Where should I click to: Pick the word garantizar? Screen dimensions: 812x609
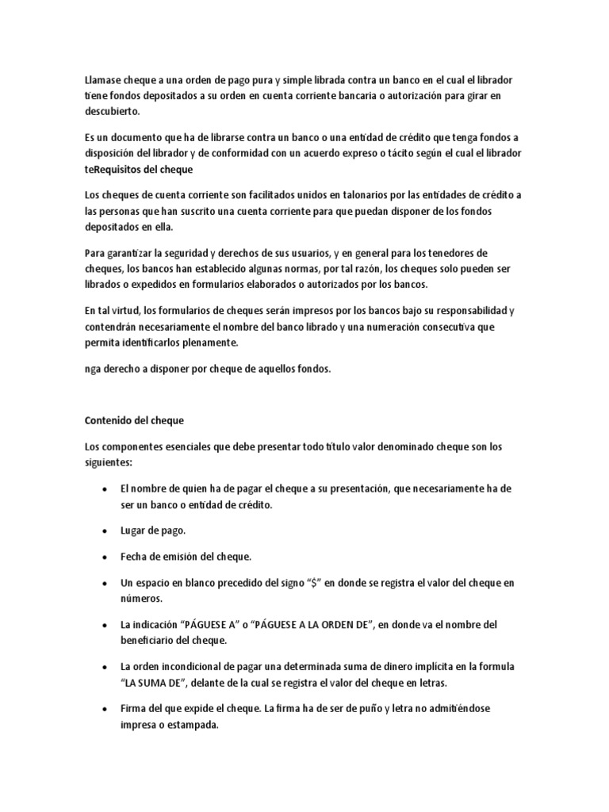(128, 253)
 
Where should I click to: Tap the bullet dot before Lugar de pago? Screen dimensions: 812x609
(105, 531)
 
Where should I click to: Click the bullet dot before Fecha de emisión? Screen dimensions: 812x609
(105, 557)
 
